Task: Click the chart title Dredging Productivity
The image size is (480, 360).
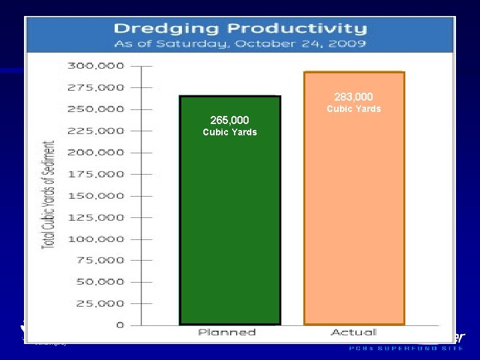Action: (240, 29)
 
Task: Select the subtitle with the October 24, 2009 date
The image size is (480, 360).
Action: (240, 44)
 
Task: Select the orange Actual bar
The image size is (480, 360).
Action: (354, 220)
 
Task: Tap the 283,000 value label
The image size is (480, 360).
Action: (353, 97)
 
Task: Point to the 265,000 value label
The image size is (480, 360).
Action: (229, 120)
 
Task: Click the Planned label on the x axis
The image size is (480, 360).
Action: (227, 332)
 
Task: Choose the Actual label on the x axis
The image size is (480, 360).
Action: (353, 332)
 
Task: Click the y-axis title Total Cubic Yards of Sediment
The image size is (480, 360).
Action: (49, 195)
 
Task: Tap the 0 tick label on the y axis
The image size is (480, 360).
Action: (120, 325)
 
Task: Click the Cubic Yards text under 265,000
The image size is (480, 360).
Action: (229, 132)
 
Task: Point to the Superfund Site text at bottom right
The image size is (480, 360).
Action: (407, 348)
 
